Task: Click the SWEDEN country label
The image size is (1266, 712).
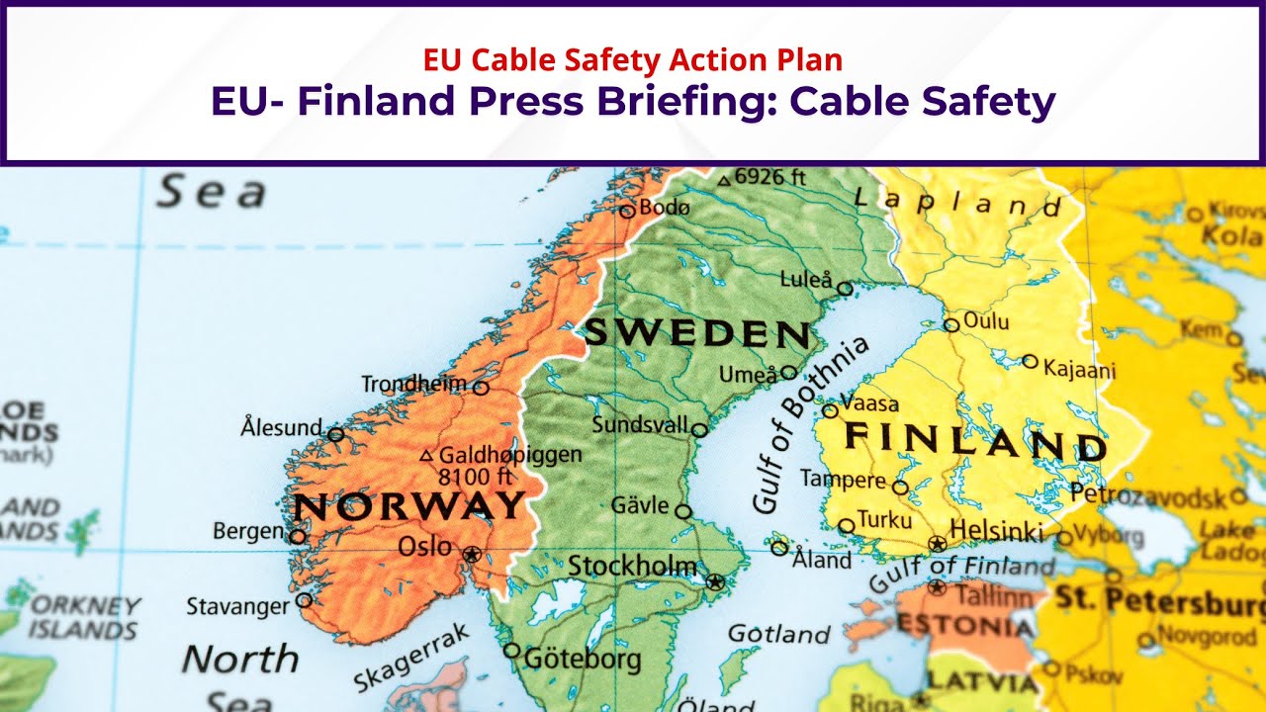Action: [697, 334]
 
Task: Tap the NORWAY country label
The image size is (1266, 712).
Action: [409, 506]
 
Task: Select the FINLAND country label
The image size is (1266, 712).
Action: [974, 441]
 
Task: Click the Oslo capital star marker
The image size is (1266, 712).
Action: [472, 554]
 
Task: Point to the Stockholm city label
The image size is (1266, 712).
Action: [632, 567]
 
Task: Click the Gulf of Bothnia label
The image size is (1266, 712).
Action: [809, 423]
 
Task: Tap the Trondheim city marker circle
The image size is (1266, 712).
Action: [481, 388]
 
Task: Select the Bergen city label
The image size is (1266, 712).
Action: [248, 531]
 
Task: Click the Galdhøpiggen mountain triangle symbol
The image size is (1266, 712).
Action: [426, 456]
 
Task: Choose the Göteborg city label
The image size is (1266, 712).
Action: [582, 659]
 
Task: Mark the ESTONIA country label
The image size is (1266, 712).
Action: [965, 626]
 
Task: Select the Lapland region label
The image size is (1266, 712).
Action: [957, 204]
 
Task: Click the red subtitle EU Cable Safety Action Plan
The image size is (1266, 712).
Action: [633, 60]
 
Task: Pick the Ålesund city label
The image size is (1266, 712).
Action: [282, 428]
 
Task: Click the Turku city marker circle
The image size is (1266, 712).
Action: [847, 526]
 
